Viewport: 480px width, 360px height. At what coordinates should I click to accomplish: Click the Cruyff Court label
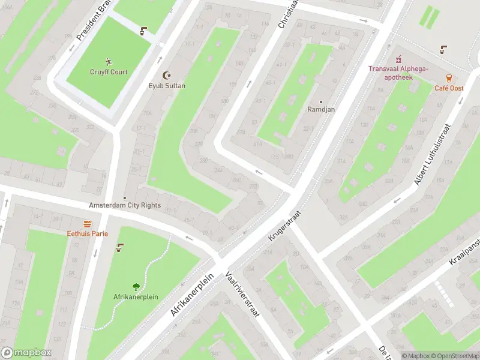click(x=109, y=72)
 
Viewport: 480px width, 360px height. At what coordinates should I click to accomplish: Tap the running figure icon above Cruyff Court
click(x=109, y=61)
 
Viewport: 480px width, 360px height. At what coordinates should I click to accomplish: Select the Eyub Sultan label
click(x=167, y=86)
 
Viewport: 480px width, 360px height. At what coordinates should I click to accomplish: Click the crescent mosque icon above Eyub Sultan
click(x=167, y=75)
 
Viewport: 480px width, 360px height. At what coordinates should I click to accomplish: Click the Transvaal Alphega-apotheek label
click(x=398, y=73)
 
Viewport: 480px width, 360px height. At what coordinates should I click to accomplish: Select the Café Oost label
click(x=449, y=88)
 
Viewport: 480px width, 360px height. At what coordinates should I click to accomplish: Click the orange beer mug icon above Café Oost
click(x=449, y=77)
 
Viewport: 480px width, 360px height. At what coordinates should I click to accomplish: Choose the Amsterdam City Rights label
click(x=125, y=205)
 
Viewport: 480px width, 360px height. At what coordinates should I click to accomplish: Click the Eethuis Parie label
click(x=87, y=233)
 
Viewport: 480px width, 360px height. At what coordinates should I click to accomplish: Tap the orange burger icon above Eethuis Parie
click(x=87, y=223)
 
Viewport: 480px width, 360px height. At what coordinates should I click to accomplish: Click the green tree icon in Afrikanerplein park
click(x=136, y=287)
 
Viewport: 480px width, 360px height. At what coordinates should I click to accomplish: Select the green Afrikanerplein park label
click(x=136, y=297)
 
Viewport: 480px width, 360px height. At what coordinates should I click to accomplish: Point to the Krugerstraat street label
click(x=284, y=225)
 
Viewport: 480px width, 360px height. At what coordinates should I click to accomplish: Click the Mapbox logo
click(x=26, y=353)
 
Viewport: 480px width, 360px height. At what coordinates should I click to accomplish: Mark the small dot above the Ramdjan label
click(x=320, y=101)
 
